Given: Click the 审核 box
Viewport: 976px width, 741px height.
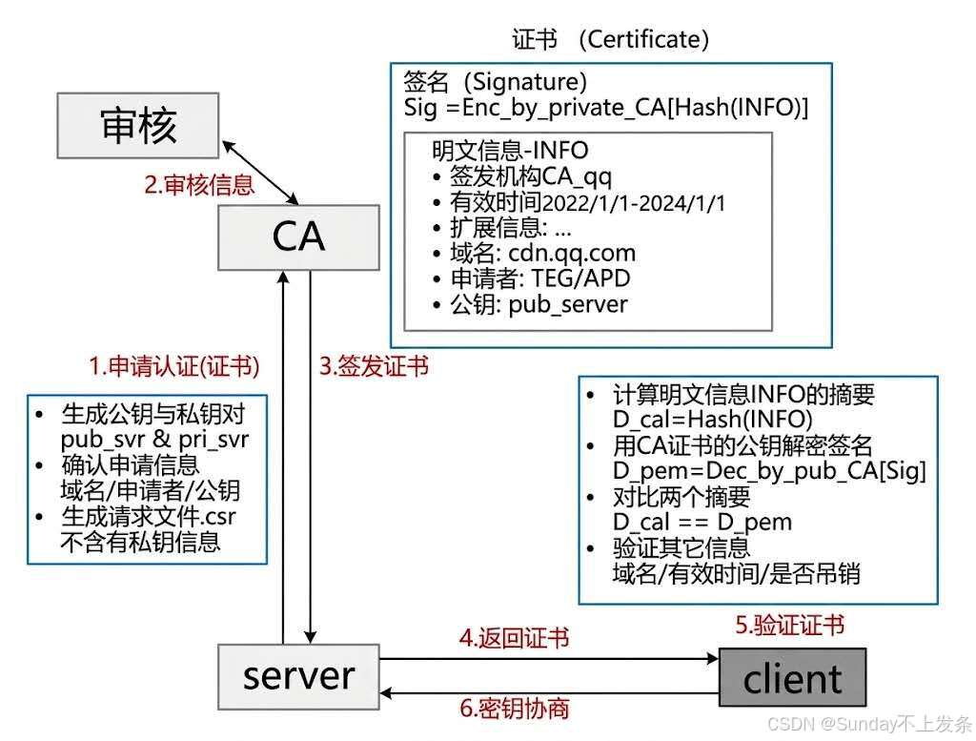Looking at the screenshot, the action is (138, 125).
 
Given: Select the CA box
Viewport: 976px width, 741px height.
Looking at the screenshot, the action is (298, 237).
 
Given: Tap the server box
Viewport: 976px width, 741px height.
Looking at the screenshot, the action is (298, 677).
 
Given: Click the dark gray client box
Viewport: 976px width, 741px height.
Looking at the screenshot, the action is (792, 677).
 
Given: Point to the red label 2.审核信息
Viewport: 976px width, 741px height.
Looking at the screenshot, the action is (199, 185).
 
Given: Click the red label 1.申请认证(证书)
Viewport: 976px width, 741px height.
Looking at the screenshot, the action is (174, 366).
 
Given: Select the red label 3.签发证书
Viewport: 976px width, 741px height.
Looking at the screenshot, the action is (374, 366).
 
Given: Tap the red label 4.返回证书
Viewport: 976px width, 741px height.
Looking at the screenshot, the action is (514, 638).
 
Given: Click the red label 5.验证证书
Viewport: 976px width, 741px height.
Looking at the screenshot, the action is (790, 626).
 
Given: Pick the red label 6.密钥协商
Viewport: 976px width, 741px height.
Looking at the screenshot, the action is (514, 708).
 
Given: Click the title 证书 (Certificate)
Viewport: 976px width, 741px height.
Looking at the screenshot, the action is (611, 40).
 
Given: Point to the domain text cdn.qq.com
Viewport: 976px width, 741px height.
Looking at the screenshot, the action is (572, 254).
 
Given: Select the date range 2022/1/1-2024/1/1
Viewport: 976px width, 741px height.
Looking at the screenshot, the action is (634, 203).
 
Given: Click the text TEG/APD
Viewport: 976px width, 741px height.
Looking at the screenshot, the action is (580, 278).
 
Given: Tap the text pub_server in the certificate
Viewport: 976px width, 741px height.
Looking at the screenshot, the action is (568, 304).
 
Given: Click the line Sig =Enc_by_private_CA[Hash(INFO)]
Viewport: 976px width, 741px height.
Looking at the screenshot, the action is (605, 108).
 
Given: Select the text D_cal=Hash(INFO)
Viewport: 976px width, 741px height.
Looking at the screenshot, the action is (713, 419).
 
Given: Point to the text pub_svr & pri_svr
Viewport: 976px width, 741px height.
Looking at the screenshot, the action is (154, 440).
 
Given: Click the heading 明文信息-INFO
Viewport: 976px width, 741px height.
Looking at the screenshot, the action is (510, 150).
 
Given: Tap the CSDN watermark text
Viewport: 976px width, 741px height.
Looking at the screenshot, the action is (869, 724).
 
